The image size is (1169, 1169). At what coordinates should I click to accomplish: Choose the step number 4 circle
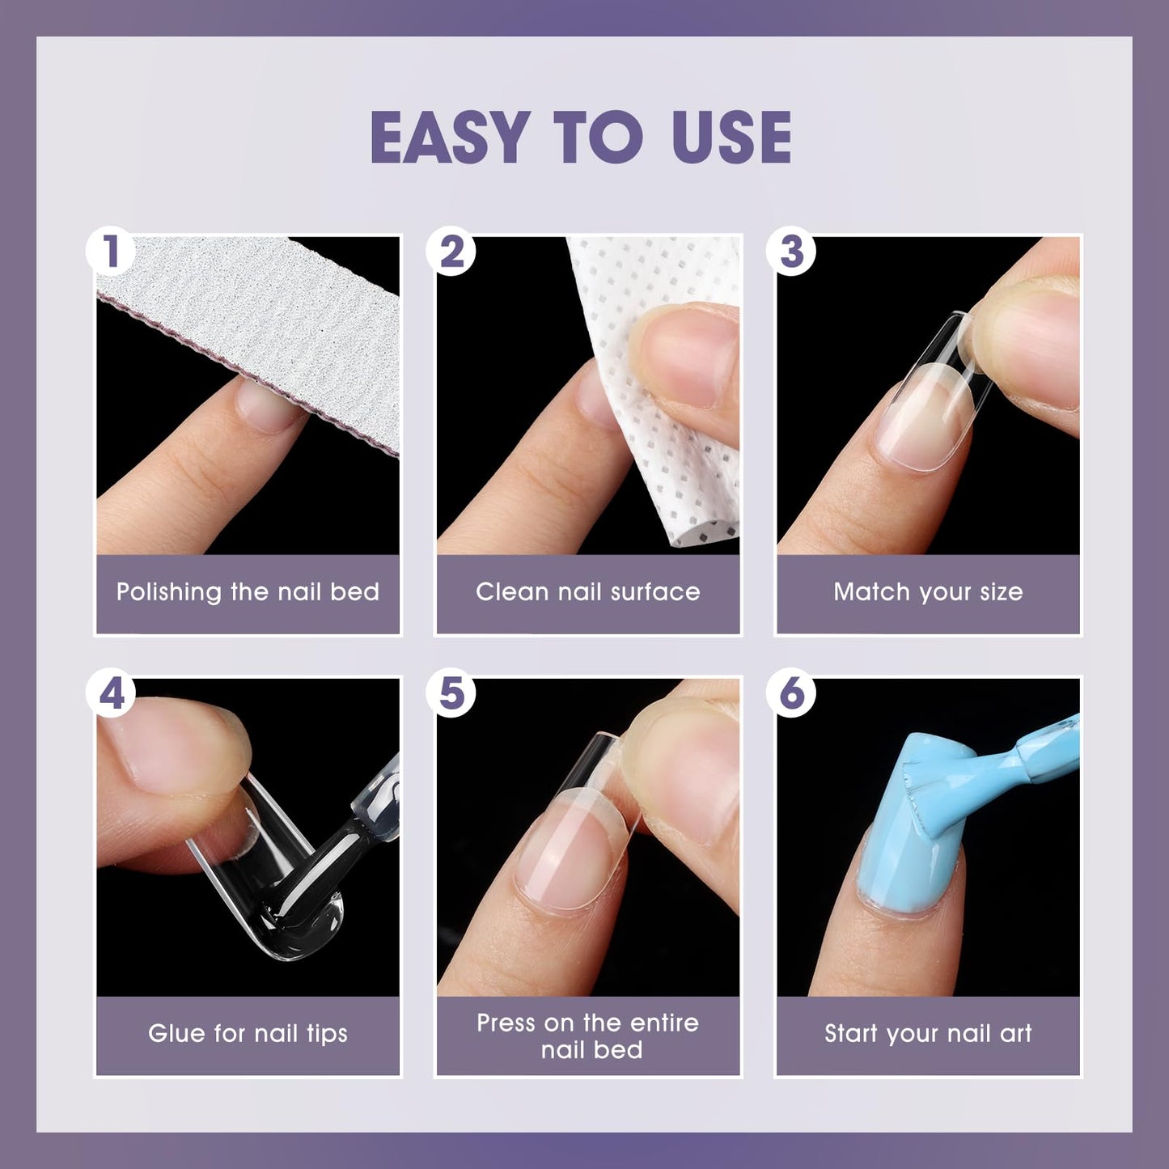click(111, 693)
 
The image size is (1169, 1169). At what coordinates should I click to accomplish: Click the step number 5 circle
click(451, 693)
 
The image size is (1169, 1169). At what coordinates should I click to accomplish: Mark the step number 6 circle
click(791, 693)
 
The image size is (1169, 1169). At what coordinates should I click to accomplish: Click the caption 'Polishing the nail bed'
click(248, 592)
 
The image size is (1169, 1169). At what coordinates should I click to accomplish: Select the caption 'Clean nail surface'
click(587, 592)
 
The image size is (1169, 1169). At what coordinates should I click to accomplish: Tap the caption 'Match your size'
click(928, 592)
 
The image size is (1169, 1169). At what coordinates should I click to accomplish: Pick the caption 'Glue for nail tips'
click(248, 1034)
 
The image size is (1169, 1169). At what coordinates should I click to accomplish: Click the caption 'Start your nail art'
click(928, 1034)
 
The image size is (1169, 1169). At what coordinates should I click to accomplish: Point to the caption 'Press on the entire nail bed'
click(587, 1036)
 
